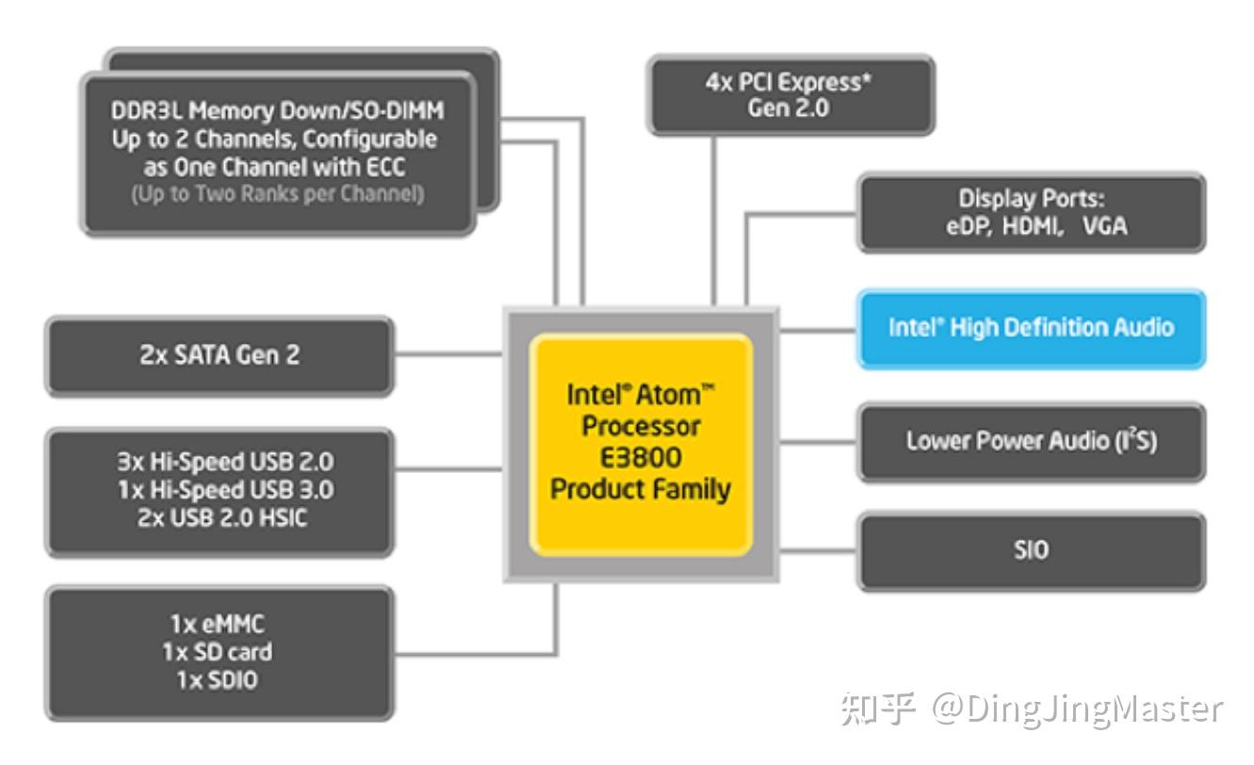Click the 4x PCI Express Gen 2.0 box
[x=790, y=94]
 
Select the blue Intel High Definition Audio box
[x=1031, y=328]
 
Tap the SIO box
[x=1031, y=550]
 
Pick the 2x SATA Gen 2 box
[x=220, y=355]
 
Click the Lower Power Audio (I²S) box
[x=1031, y=441]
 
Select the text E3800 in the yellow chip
[x=641, y=458]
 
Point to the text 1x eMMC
[x=220, y=625]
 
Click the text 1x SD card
[x=220, y=652]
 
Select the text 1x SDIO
[x=220, y=679]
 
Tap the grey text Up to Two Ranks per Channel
[x=277, y=195]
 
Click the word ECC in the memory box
[x=413, y=168]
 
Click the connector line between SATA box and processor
[x=448, y=355]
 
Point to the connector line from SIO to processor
[x=818, y=550]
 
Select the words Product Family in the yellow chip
[x=641, y=490]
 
